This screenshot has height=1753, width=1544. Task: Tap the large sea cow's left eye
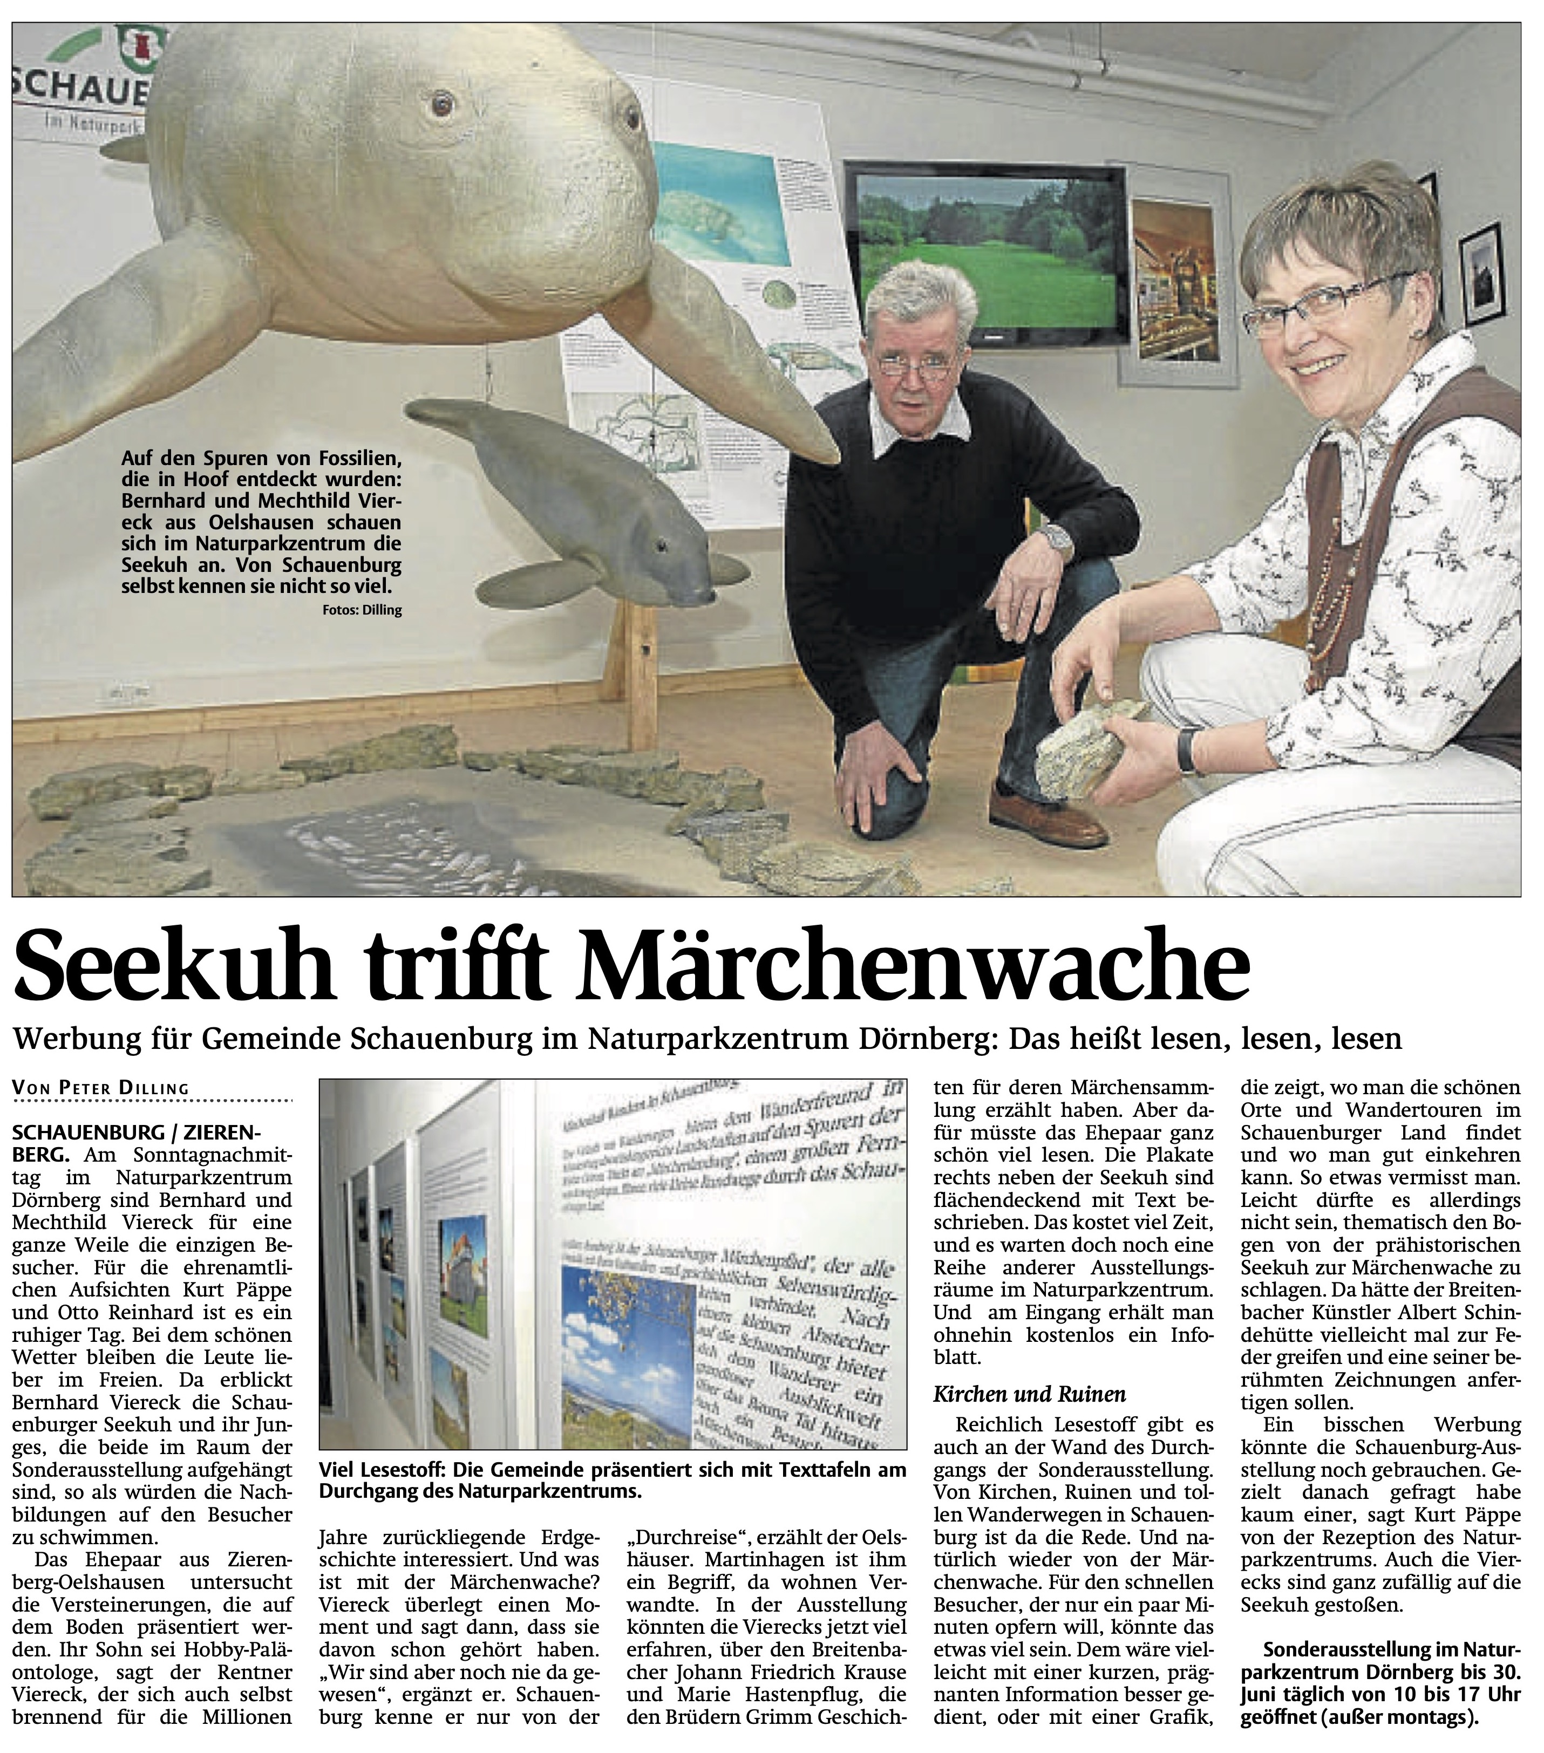[x=442, y=105]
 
